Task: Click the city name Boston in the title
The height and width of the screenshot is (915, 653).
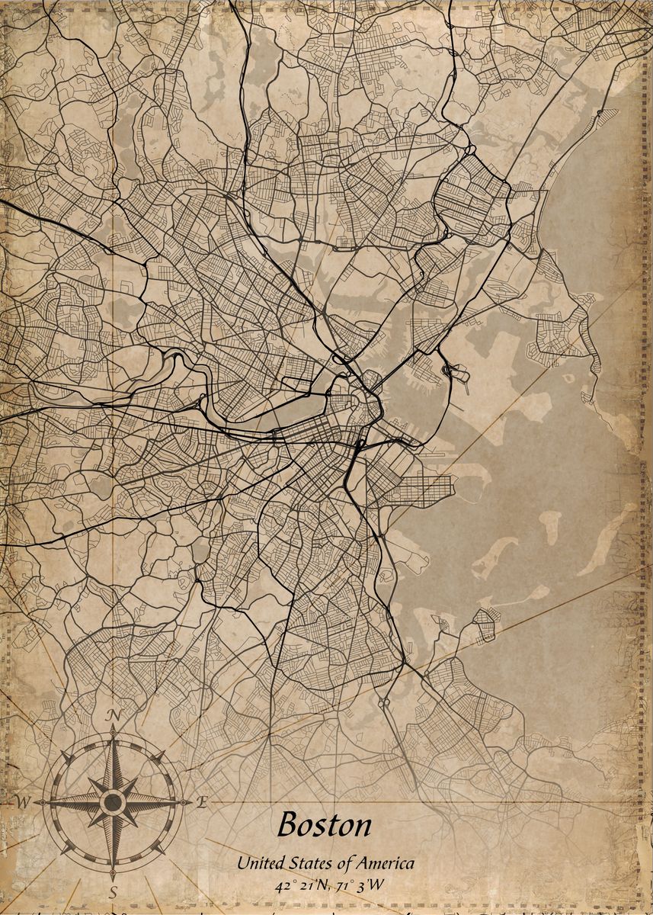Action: tap(325, 825)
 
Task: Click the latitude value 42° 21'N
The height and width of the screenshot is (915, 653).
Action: tap(300, 886)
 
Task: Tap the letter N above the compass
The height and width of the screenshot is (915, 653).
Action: tap(114, 714)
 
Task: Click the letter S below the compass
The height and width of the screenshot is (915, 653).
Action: tap(114, 891)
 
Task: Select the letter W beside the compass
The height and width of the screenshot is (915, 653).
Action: tap(24, 802)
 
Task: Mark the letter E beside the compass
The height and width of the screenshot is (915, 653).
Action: tap(202, 801)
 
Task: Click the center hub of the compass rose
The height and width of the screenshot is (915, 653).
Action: tap(114, 802)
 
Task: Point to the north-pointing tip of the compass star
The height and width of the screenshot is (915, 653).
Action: tap(114, 729)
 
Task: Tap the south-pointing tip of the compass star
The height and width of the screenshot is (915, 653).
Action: tap(114, 874)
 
